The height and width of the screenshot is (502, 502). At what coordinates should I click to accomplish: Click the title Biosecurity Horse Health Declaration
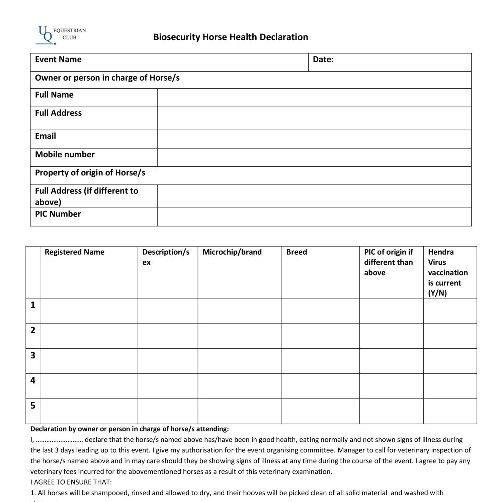(231, 37)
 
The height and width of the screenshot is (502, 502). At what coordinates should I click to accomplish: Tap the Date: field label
(323, 60)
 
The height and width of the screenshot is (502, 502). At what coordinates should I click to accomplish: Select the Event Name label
(58, 60)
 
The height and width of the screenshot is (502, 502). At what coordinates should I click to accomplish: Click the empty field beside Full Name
(314, 98)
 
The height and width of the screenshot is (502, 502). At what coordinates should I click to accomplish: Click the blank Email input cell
(314, 139)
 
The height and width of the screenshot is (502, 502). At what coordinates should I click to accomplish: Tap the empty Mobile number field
(314, 157)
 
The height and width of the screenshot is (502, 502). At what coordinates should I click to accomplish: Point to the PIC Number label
(58, 214)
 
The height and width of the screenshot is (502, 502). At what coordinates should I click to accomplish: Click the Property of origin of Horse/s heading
(90, 173)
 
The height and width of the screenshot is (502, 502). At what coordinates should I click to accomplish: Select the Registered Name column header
(74, 252)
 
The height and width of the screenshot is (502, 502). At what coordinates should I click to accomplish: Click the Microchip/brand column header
(232, 252)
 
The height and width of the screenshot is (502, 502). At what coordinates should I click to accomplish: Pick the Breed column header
(297, 252)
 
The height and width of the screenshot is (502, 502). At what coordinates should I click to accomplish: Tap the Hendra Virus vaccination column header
(447, 272)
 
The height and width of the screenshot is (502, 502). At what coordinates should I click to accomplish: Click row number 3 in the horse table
(33, 355)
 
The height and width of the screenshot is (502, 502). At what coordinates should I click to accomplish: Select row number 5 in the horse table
(33, 406)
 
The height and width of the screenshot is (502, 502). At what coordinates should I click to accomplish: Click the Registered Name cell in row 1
(89, 311)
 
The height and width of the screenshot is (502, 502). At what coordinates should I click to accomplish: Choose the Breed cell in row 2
(320, 336)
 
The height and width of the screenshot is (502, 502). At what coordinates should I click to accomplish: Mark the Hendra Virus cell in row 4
(450, 386)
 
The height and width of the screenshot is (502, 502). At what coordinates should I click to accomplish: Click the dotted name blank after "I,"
(59, 440)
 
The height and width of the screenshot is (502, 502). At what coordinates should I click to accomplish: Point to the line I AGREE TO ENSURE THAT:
(71, 482)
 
